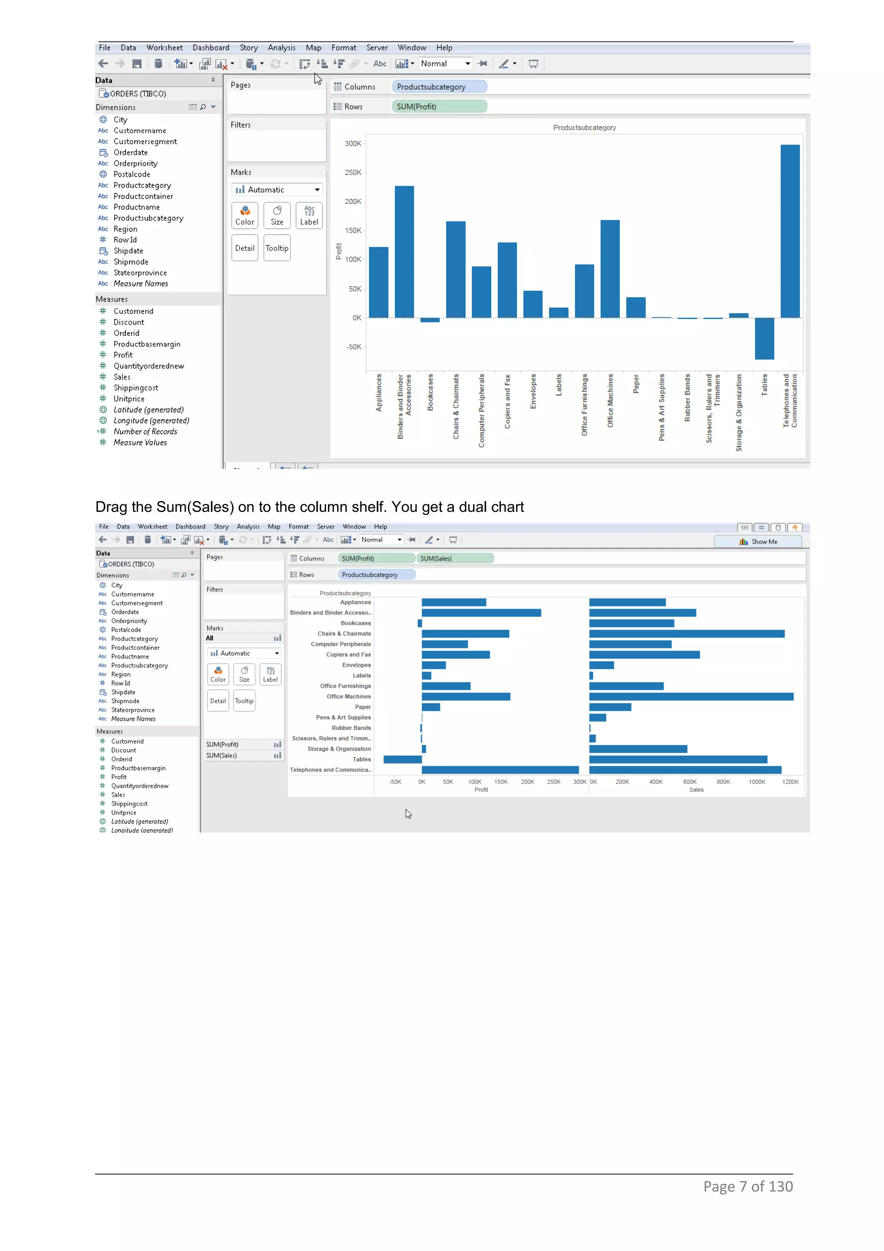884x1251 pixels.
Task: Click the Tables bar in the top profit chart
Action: [x=764, y=338]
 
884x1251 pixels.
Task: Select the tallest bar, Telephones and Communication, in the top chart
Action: [x=790, y=231]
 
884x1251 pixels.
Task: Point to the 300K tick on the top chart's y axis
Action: [x=353, y=143]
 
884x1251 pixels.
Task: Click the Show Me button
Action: [x=758, y=542]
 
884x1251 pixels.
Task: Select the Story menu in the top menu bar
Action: [x=248, y=47]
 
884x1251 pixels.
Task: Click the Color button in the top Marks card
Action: [x=245, y=215]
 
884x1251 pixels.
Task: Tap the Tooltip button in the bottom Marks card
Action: [x=244, y=701]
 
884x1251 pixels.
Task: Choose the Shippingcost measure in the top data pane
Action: [x=136, y=387]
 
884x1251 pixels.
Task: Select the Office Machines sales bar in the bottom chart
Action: [x=691, y=696]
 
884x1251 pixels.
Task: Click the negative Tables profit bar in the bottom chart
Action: [x=403, y=759]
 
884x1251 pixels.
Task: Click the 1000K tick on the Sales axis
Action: [x=757, y=781]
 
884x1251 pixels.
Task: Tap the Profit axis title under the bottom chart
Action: [x=481, y=790]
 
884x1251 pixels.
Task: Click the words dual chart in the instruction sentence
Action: [x=491, y=507]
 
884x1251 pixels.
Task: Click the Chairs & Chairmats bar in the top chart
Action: [x=455, y=269]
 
